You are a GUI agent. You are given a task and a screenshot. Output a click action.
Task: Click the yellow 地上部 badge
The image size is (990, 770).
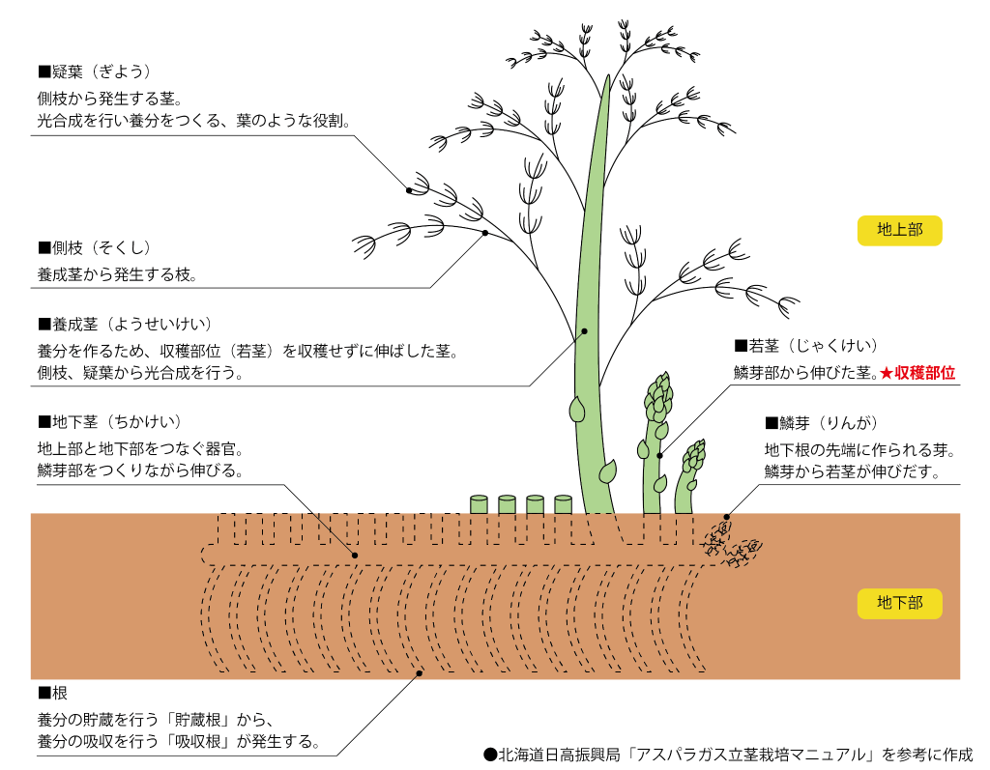[x=899, y=230]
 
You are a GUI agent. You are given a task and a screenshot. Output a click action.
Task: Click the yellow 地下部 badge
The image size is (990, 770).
[x=899, y=603]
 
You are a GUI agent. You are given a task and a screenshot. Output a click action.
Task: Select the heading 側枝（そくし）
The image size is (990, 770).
[x=95, y=248]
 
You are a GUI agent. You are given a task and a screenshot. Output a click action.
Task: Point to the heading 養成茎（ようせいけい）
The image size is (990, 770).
[x=125, y=324]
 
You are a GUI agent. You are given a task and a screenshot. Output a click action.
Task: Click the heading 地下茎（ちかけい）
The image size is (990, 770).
[x=109, y=422]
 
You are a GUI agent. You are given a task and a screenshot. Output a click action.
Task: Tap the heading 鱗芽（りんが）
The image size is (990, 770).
[x=821, y=422]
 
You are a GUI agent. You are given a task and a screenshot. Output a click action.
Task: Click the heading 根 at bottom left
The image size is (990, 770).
[x=52, y=694]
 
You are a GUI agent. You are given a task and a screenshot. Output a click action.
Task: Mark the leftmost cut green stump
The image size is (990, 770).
[x=479, y=504]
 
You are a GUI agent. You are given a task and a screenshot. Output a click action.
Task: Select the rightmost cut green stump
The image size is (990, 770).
[x=563, y=504]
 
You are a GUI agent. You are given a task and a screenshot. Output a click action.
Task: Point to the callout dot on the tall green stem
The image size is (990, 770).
[x=585, y=331]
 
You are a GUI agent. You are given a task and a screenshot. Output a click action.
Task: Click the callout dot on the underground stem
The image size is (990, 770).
[x=355, y=556]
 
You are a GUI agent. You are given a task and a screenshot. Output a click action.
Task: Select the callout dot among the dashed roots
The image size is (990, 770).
[x=418, y=674]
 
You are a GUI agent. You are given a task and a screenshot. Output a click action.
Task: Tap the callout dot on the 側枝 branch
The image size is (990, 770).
[x=484, y=233]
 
